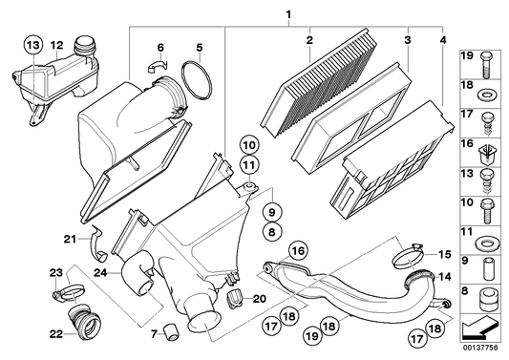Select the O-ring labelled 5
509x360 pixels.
tap(196, 80)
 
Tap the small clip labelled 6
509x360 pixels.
tap(158, 68)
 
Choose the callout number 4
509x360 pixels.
tap(443, 41)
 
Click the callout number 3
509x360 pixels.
tap(407, 41)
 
